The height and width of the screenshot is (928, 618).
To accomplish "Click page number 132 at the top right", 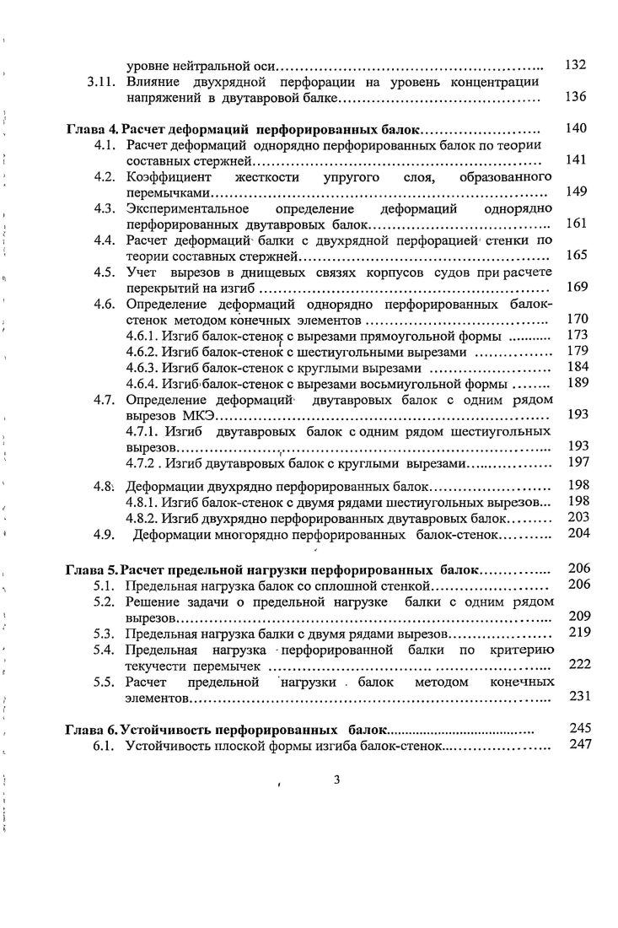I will [x=575, y=66].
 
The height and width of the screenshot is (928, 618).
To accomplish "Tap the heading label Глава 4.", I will [x=92, y=130].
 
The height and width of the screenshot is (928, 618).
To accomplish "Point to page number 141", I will [x=576, y=160].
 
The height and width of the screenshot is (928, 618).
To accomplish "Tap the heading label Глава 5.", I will [x=92, y=569].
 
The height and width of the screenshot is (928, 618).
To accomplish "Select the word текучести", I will [x=156, y=666].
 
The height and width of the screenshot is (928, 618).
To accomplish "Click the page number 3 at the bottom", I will [x=336, y=779].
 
